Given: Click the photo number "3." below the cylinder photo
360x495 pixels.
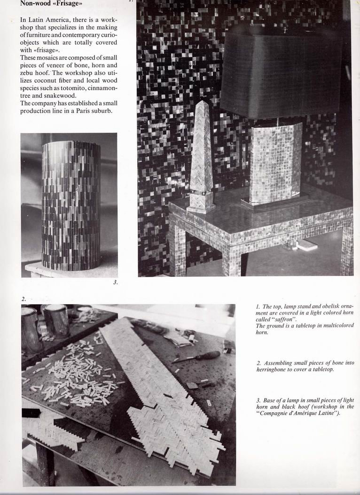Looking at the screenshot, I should [115, 282].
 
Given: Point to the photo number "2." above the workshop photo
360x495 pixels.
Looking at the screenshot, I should [23, 298].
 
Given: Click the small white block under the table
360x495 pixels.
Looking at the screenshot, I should [307, 245].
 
